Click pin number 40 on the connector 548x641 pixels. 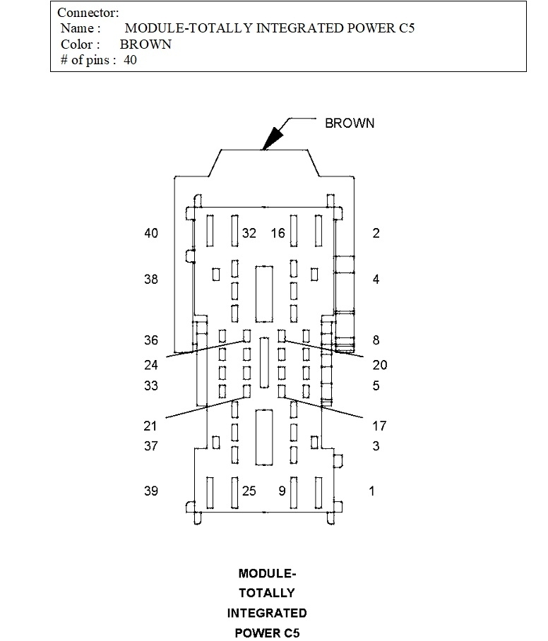[151, 234]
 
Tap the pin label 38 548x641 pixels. [151, 280]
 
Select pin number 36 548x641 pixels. [151, 340]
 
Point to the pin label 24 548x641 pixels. [151, 365]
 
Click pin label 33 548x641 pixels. [151, 386]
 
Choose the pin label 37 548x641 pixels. [151, 446]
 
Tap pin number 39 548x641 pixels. [151, 491]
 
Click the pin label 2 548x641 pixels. [376, 234]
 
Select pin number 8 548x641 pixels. [376, 340]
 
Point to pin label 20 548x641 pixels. [380, 365]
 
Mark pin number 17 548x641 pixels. [379, 426]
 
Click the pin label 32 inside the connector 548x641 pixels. [249, 234]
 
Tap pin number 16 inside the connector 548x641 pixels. [278, 234]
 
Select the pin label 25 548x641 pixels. [249, 491]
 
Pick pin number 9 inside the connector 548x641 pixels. [282, 491]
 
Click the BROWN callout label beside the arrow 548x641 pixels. [350, 124]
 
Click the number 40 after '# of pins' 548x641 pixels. [130, 60]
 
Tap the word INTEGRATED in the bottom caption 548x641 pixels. [267, 613]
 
